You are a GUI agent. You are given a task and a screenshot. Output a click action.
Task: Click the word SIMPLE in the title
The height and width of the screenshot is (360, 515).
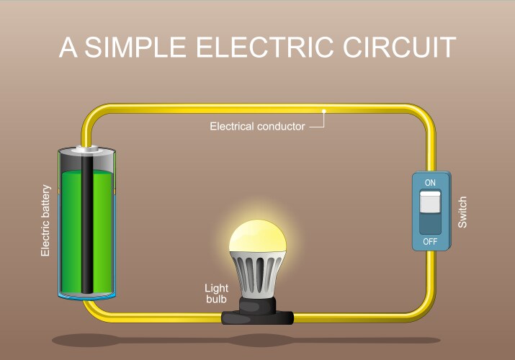[134, 48]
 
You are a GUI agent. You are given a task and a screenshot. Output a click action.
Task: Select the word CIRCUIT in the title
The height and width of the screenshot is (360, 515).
[398, 48]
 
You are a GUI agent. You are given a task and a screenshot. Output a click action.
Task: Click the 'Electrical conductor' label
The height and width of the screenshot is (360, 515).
[256, 127]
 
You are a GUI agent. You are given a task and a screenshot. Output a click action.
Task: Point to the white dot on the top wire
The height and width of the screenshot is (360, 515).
[325, 111]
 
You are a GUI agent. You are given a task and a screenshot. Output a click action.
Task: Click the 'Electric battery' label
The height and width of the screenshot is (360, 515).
[46, 220]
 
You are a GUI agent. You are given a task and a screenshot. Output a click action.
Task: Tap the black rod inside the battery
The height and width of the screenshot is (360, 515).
[87, 230]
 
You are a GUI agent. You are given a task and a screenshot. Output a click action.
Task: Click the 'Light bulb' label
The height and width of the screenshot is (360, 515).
[216, 294]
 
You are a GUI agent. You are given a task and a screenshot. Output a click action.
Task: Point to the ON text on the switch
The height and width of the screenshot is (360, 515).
[430, 183]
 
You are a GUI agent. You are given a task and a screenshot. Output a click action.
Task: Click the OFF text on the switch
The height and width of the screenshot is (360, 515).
[430, 240]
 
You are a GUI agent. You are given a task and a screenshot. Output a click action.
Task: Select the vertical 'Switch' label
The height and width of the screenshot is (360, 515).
[462, 212]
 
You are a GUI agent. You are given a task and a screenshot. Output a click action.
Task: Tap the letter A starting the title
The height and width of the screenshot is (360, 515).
[68, 48]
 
